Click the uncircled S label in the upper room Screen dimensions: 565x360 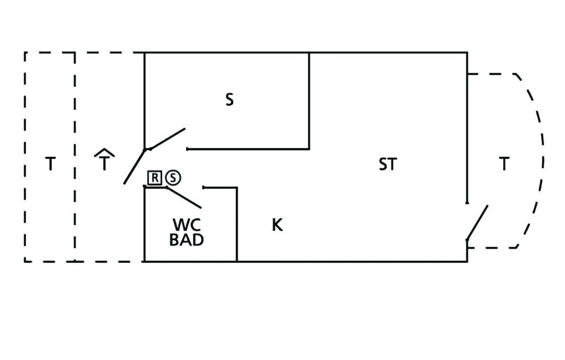coord(230,99)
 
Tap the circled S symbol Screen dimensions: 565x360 coord(173,178)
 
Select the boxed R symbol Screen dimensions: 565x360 coord(154,178)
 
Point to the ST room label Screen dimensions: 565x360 coord(388,164)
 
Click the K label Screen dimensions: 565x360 coord(277,225)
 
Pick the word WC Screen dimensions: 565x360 coord(186,225)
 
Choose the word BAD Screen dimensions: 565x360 coord(186,240)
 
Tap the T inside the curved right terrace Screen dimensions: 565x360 coord(504,164)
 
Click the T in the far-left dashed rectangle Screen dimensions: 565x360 coord(50,164)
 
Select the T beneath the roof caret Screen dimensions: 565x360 coord(104,163)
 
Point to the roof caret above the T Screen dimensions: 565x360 coord(104,152)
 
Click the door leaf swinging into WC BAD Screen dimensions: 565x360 coord(184,197)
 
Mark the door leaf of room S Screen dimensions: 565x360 coord(168,139)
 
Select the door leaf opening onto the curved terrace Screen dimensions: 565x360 coord(477,223)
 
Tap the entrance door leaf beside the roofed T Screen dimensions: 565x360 coord(135,166)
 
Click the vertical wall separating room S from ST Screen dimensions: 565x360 coord(309,100)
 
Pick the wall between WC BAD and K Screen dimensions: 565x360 coord(237,224)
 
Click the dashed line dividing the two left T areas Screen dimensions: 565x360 coord(75,157)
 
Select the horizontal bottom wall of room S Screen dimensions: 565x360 coord(248,149)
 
